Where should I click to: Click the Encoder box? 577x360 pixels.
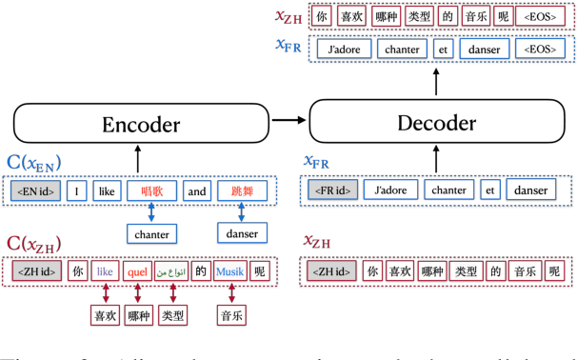pyautogui.click(x=141, y=123)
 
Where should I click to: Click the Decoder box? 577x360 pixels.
pyautogui.click(x=434, y=123)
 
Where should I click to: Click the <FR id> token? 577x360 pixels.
pyautogui.click(x=330, y=190)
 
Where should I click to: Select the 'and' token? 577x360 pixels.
pyautogui.click(x=196, y=191)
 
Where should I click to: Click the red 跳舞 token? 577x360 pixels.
pyautogui.click(x=243, y=191)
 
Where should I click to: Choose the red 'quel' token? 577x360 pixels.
pyautogui.click(x=137, y=271)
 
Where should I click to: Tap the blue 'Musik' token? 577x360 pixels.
pyautogui.click(x=229, y=271)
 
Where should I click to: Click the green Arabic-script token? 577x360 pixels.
pyautogui.click(x=171, y=271)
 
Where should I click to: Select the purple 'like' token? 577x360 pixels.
pyautogui.click(x=105, y=271)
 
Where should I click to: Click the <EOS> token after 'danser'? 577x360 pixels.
pyautogui.click(x=538, y=49)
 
